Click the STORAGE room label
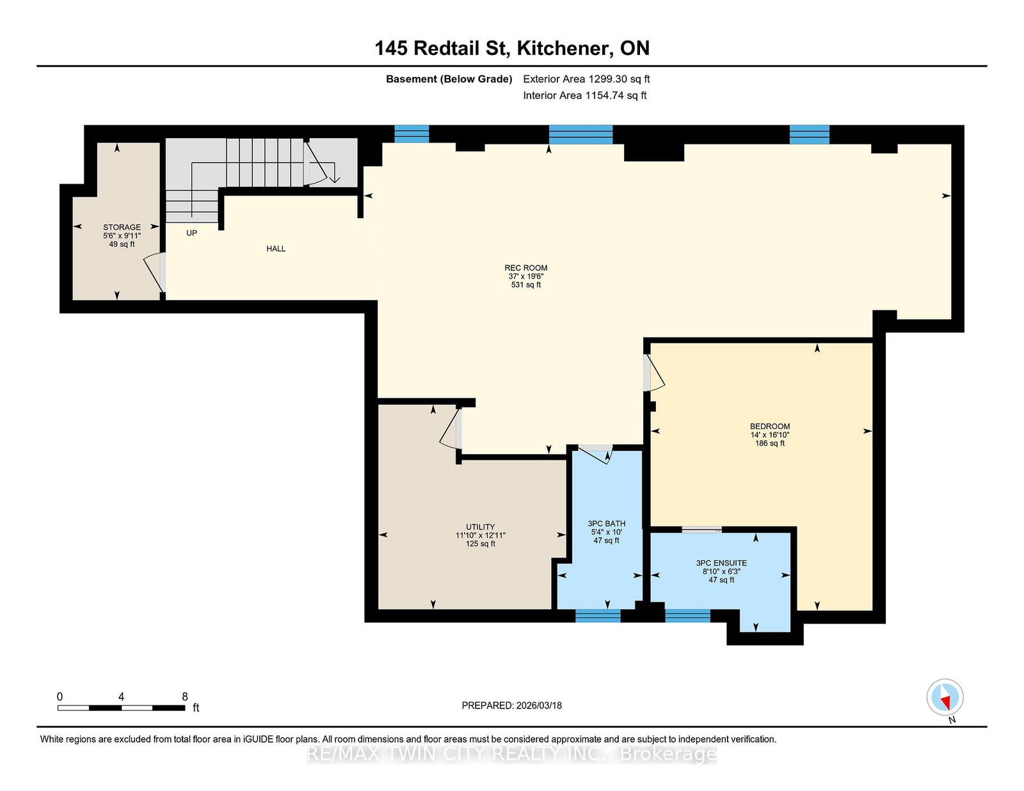click(122, 227)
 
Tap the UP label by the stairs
click(191, 233)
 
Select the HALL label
click(276, 249)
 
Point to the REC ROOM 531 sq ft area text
click(525, 285)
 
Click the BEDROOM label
click(770, 427)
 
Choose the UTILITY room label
click(480, 527)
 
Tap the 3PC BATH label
click(606, 524)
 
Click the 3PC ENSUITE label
click(721, 563)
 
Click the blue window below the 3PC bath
click(598, 616)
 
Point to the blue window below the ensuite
click(687, 616)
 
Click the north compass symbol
click(945, 698)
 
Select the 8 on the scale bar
click(185, 697)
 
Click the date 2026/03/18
click(538, 705)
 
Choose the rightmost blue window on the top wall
click(809, 134)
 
